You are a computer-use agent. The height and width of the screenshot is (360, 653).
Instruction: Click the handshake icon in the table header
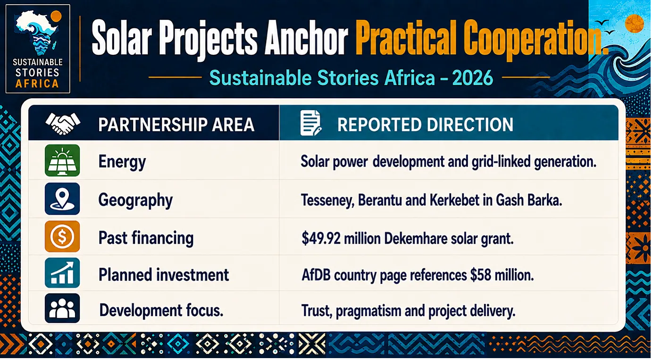63,124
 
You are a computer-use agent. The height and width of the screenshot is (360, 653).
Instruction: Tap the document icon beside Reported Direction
311,123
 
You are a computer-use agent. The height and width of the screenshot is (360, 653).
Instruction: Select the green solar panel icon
62,160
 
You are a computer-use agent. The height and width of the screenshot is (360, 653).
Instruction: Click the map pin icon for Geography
62,199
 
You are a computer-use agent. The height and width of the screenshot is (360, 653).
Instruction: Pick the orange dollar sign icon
62,236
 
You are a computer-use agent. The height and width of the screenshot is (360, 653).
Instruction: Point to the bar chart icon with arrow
62,273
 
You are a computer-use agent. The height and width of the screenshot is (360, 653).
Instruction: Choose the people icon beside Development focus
62,309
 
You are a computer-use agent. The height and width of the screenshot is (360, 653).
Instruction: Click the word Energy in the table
122,162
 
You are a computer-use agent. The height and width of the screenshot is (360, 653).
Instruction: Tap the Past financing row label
146,238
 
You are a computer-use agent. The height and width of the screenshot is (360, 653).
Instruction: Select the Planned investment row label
164,275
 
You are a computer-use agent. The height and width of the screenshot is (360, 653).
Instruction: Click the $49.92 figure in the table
321,238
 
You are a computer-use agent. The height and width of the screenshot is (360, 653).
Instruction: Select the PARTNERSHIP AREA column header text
176,125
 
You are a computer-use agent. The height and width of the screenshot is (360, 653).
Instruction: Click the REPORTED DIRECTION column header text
425,125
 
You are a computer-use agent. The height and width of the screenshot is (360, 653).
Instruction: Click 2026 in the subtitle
473,78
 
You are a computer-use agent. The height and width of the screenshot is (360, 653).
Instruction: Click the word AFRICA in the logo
37,84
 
